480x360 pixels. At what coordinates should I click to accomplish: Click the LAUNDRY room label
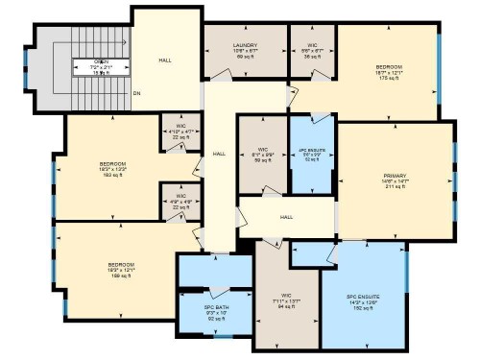pos(244,45)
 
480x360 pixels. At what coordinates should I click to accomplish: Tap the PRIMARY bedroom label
pos(395,177)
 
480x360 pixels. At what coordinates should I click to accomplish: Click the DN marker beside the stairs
pos(136,93)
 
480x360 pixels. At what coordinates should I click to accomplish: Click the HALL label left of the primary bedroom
pos(286,217)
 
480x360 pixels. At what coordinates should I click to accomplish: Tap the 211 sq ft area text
pos(395,188)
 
